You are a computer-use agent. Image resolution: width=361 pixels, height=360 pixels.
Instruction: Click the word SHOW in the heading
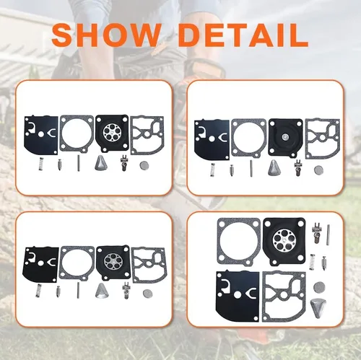click(106, 35)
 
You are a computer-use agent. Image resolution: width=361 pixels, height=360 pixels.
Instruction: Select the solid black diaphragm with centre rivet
click(286, 137)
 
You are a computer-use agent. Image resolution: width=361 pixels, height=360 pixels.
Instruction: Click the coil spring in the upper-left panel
click(41, 164)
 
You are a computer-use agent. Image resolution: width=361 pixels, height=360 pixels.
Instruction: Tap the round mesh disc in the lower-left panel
click(147, 293)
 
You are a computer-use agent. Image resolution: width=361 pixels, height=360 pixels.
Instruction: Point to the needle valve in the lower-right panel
click(325, 263)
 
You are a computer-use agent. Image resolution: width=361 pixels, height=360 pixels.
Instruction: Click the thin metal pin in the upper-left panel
click(79, 163)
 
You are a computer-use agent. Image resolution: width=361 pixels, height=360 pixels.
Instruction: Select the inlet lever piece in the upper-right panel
click(297, 168)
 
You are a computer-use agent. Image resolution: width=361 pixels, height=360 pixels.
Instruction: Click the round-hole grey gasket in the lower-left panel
click(77, 265)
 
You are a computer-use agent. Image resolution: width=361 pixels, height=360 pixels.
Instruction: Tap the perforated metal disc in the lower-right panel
click(284, 241)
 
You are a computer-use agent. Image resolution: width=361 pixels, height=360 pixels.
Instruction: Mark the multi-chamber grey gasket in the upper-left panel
click(147, 135)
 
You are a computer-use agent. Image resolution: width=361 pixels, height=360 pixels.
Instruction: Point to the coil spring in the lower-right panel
click(313, 261)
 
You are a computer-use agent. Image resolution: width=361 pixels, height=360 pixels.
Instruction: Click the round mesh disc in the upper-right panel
click(318, 170)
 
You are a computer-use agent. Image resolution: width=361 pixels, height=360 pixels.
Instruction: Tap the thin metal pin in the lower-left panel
click(79, 290)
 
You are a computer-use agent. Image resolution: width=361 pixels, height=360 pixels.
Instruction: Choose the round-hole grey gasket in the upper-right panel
click(248, 138)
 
